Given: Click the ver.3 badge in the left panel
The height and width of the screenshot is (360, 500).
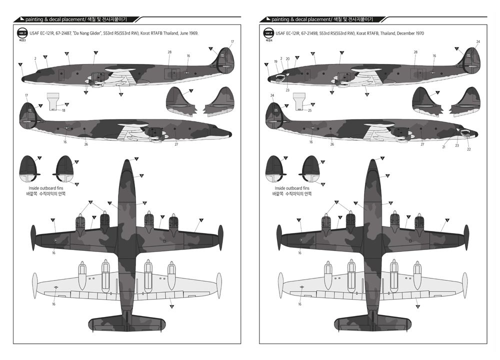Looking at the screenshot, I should (21, 33).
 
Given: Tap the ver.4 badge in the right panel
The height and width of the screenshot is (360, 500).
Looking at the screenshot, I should (268, 33).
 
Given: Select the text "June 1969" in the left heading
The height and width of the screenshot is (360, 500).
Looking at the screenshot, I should (188, 33).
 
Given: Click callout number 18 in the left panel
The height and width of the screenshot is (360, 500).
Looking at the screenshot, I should (63, 110).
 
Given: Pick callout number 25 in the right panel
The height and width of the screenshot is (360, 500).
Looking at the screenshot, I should (310, 110).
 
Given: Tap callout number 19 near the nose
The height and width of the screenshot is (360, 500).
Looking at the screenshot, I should (275, 61).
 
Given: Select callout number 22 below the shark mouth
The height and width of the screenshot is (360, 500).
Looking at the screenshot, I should (468, 149).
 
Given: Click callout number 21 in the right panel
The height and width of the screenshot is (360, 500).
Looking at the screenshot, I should (443, 147).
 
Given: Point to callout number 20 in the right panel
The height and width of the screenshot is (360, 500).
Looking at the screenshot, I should (287, 58).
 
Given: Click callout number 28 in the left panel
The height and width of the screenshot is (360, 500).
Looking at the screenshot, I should (169, 52).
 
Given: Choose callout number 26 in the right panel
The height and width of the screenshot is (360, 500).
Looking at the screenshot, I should (332, 144).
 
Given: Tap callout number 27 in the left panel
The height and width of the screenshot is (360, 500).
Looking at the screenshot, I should (176, 144).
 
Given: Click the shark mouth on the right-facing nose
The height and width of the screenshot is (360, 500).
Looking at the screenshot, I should (467, 134).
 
